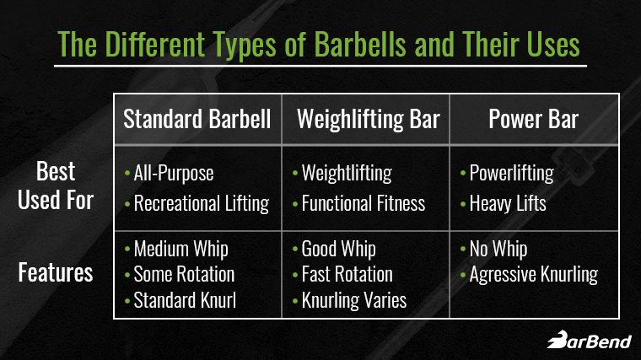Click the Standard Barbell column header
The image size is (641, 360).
point(197,119)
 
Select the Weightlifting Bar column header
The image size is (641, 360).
point(368,119)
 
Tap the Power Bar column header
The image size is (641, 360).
point(534,119)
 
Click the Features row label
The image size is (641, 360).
point(56,274)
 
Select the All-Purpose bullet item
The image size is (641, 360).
point(174,174)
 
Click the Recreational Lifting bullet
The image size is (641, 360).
point(201,202)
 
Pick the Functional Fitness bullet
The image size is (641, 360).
point(364,202)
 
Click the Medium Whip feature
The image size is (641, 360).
point(180,250)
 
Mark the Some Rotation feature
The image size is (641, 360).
point(184,274)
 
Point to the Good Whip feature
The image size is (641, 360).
point(338,250)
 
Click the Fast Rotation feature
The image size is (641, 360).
point(347,274)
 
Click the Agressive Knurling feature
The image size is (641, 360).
point(533,274)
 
